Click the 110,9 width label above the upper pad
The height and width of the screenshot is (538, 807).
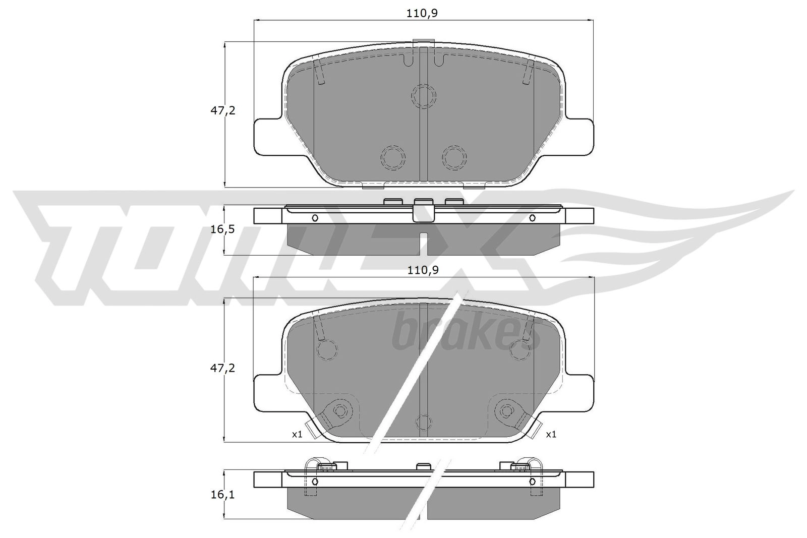click(x=422, y=13)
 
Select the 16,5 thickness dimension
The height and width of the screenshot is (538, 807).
click(x=222, y=229)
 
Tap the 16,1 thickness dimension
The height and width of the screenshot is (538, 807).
click(x=222, y=495)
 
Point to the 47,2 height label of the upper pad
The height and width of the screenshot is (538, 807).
click(x=222, y=110)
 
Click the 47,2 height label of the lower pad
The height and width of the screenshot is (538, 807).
click(x=222, y=368)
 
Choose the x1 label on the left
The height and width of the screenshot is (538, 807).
click(x=297, y=435)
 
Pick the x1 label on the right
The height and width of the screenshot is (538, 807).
click(x=551, y=435)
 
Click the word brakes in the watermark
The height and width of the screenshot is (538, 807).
click(x=466, y=333)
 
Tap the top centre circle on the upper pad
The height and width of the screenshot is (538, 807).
click(x=424, y=96)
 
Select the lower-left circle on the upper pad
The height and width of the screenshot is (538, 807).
click(x=393, y=157)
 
